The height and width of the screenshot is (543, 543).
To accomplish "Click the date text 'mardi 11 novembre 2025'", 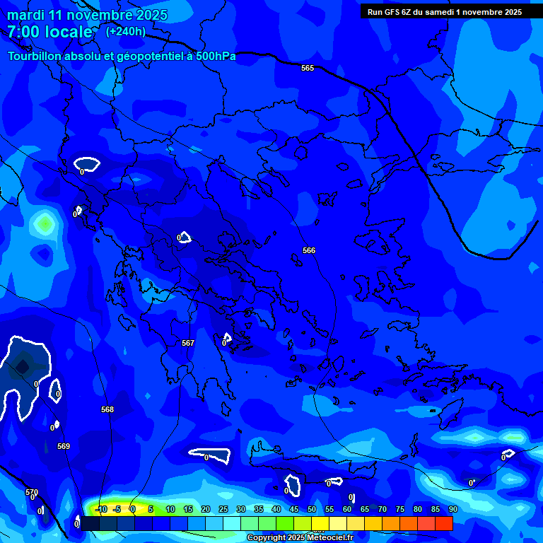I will pos(87,15).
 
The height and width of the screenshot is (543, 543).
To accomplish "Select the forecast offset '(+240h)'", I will pos(126,31).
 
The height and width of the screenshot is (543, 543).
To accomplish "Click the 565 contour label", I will pos(308,68).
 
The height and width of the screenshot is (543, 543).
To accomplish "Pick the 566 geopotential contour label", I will pos(309,250).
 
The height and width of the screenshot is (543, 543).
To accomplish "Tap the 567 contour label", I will pos(188,343).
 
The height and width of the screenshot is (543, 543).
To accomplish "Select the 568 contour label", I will pos(107,409).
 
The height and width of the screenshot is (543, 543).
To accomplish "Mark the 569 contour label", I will pos(64,446).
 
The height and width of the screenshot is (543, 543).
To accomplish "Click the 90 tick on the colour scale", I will pos(452,509).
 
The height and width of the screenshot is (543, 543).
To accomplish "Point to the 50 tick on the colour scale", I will pos(312,509).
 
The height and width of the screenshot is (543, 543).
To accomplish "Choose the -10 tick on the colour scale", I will pos(100,509).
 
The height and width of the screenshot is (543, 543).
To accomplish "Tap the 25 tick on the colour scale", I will pos(223,509).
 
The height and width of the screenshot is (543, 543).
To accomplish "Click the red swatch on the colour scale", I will pos(444,523).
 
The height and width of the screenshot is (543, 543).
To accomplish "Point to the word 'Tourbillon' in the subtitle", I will pos(34,57).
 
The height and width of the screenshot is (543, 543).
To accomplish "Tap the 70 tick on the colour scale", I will pos(383,509).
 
